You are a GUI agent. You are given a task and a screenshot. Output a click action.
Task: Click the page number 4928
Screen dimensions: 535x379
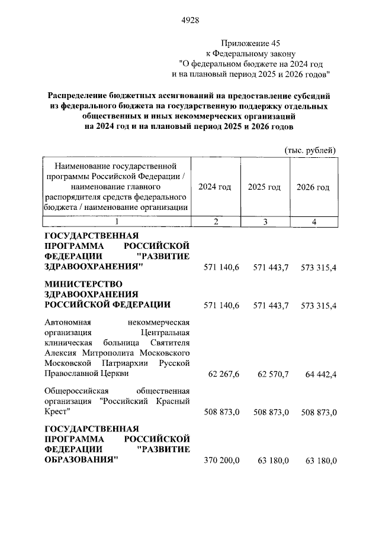click(189, 20)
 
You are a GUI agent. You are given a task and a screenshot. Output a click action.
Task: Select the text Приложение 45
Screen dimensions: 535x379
click(250, 43)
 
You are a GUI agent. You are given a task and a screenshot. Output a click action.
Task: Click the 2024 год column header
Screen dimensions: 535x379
click(214, 187)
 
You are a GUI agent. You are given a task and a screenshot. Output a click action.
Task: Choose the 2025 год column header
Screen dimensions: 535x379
click(264, 187)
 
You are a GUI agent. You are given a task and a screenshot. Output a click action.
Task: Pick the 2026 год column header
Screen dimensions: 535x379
click(313, 187)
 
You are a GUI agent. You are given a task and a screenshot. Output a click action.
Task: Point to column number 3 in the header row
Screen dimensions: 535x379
click(265, 222)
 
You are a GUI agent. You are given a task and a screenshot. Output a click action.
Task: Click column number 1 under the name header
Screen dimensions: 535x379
click(117, 222)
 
